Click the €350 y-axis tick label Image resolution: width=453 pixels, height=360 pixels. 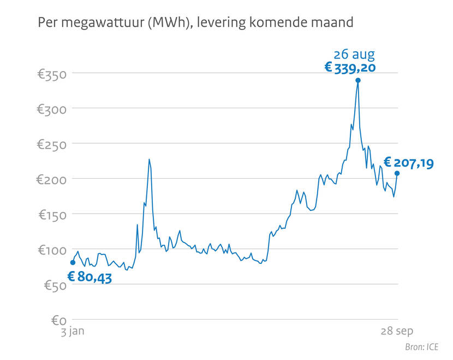(51, 74)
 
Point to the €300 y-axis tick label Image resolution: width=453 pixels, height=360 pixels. (51, 109)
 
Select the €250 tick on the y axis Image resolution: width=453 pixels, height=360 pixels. (51, 144)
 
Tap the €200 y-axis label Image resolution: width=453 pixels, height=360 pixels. (51, 179)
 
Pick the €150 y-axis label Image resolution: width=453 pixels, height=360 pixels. (51, 215)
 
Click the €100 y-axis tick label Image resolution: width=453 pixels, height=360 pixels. (51, 250)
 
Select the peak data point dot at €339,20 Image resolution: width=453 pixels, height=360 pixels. (358, 80)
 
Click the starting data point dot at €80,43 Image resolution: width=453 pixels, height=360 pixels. (73, 262)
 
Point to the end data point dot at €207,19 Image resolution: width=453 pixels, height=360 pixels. (397, 173)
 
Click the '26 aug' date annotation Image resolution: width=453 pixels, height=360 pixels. (354, 55)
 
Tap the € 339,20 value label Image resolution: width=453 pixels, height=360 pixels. (350, 67)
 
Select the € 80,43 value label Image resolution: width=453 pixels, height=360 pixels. (90, 277)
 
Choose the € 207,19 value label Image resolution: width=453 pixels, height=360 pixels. (409, 162)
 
